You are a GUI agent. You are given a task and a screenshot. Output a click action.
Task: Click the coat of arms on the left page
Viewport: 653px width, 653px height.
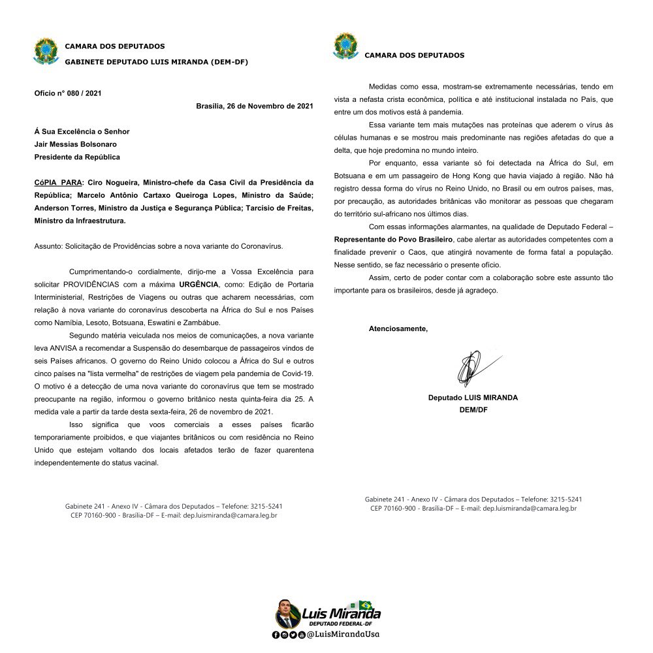pyautogui.click(x=46, y=52)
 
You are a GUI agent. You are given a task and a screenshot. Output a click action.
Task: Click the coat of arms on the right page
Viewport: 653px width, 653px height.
pyautogui.click(x=345, y=46)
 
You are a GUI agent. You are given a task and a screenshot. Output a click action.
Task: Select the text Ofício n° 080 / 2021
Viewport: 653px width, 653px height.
pyautogui.click(x=68, y=93)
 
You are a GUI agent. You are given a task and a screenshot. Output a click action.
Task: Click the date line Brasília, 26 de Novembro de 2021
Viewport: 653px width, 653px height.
pyautogui.click(x=255, y=106)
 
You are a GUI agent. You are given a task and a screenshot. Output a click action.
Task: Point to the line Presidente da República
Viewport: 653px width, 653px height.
pyautogui.click(x=76, y=157)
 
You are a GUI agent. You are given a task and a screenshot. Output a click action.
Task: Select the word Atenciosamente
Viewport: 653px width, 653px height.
pyautogui.click(x=398, y=328)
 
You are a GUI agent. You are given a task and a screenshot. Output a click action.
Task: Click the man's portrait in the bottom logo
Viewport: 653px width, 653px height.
pyautogui.click(x=287, y=614)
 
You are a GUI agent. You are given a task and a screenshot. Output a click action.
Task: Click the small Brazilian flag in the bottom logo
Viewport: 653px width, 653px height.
pyautogui.click(x=365, y=605)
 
